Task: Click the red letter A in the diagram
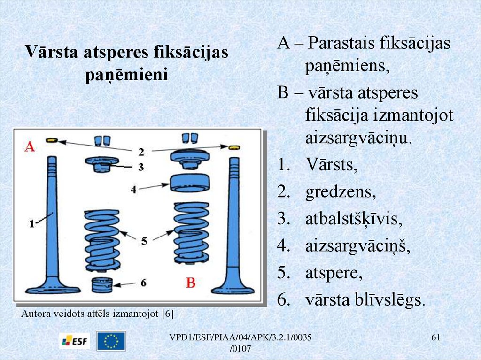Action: [x=30, y=147]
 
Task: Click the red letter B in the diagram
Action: [x=190, y=283]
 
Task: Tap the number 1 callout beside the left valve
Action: [x=32, y=224]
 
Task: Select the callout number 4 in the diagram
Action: [x=133, y=190]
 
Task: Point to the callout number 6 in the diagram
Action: [x=144, y=283]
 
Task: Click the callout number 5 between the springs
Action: [x=144, y=241]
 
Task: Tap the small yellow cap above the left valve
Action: [x=52, y=140]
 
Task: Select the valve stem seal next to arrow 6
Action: [x=103, y=284]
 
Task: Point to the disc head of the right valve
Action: [x=233, y=287]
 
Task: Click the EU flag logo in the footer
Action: [x=111, y=341]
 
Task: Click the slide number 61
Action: [x=435, y=338]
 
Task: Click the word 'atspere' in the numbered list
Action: [x=334, y=273]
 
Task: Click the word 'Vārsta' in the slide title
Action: [x=53, y=51]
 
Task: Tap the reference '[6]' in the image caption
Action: [x=167, y=314]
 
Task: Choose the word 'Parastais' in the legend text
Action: [x=342, y=44]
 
